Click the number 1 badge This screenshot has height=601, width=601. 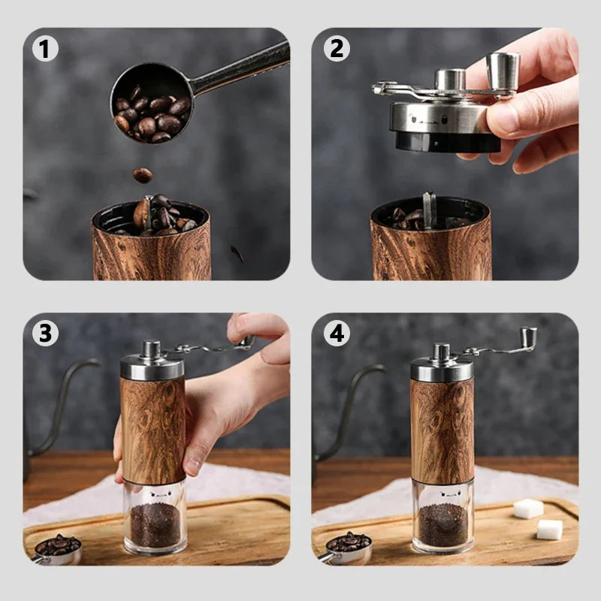click(x=45, y=49)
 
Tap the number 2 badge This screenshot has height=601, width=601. click(x=337, y=49)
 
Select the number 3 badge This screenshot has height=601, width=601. click(x=45, y=333)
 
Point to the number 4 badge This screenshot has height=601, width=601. click(x=337, y=333)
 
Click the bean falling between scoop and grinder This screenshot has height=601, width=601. click(x=142, y=175)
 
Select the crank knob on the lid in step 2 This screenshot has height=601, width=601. click(x=503, y=72)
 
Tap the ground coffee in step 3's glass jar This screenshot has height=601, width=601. click(x=155, y=524)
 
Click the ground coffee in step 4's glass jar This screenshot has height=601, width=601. click(x=442, y=524)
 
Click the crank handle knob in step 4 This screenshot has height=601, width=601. click(x=528, y=338)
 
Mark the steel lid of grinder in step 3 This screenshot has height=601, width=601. click(x=152, y=367)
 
